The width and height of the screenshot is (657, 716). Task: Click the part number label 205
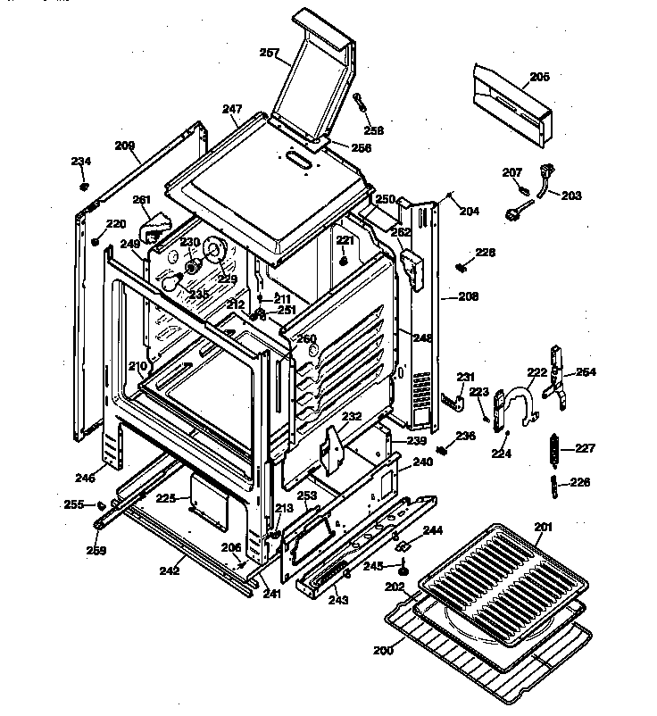(539, 77)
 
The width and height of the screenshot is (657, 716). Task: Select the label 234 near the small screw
(81, 162)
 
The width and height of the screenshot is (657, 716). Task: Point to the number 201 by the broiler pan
(544, 526)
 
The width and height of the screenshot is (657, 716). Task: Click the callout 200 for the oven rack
(383, 651)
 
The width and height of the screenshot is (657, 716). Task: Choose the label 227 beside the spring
(584, 448)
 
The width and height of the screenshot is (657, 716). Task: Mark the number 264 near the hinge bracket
(586, 371)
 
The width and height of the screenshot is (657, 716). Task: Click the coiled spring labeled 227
(555, 448)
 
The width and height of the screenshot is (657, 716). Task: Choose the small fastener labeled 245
(403, 565)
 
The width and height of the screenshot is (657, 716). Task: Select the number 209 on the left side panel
(125, 146)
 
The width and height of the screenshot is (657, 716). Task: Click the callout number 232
(352, 417)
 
